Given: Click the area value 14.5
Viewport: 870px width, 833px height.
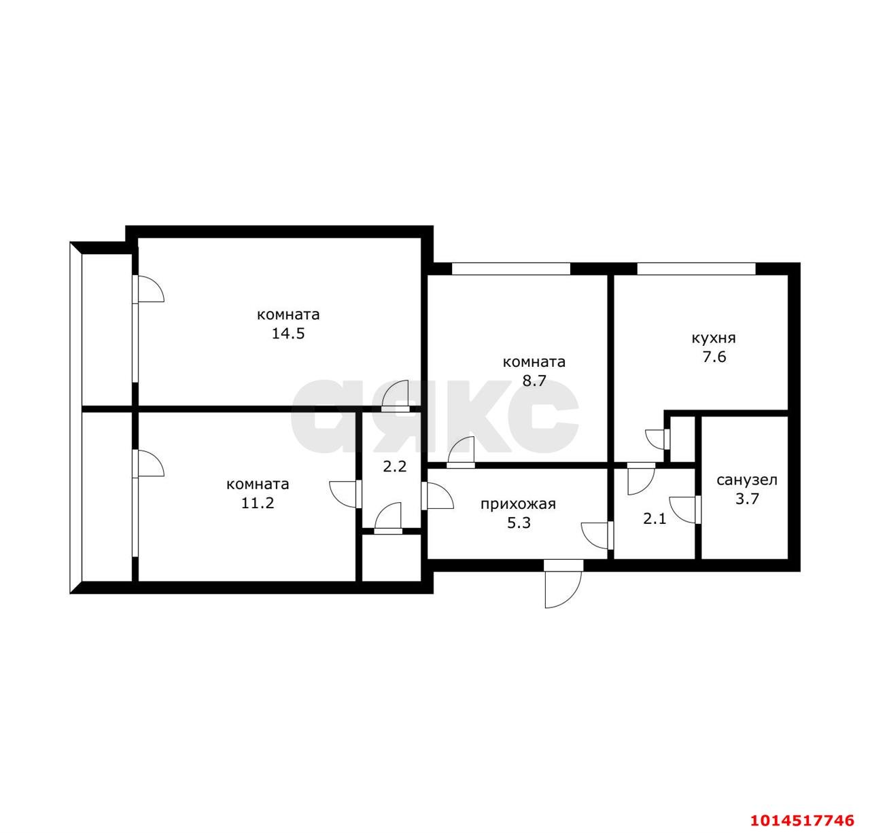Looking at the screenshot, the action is tap(288, 334).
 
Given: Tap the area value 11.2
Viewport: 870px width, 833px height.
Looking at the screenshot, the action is tap(258, 503).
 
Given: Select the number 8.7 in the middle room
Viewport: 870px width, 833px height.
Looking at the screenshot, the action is tap(534, 380).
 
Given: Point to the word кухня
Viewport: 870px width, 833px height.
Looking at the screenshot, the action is tap(714, 338).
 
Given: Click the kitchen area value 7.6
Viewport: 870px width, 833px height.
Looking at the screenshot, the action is tap(714, 357).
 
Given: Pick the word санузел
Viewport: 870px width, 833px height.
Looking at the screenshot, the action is tap(747, 480).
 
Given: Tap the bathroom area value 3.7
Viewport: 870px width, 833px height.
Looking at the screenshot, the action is tap(748, 499).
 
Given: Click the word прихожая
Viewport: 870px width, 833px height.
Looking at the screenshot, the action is tap(518, 504).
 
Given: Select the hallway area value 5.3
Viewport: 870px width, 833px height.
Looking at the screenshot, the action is tap(519, 522).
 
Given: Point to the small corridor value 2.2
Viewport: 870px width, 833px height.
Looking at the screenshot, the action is tap(395, 467).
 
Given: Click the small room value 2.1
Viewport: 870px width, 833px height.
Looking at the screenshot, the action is tap(655, 519).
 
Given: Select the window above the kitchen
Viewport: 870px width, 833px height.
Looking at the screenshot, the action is tap(696, 268).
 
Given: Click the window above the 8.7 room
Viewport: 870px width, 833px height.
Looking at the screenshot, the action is tap(511, 268).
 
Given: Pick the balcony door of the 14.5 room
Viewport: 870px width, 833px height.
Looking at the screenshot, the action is tap(148, 289).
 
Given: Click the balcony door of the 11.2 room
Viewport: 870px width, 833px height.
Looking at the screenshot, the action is tap(148, 463).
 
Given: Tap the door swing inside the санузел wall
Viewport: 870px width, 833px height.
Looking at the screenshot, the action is tap(684, 510).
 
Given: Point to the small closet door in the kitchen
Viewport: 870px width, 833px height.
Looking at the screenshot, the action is tap(657, 440).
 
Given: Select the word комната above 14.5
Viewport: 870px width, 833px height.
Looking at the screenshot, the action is tap(288, 315).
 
